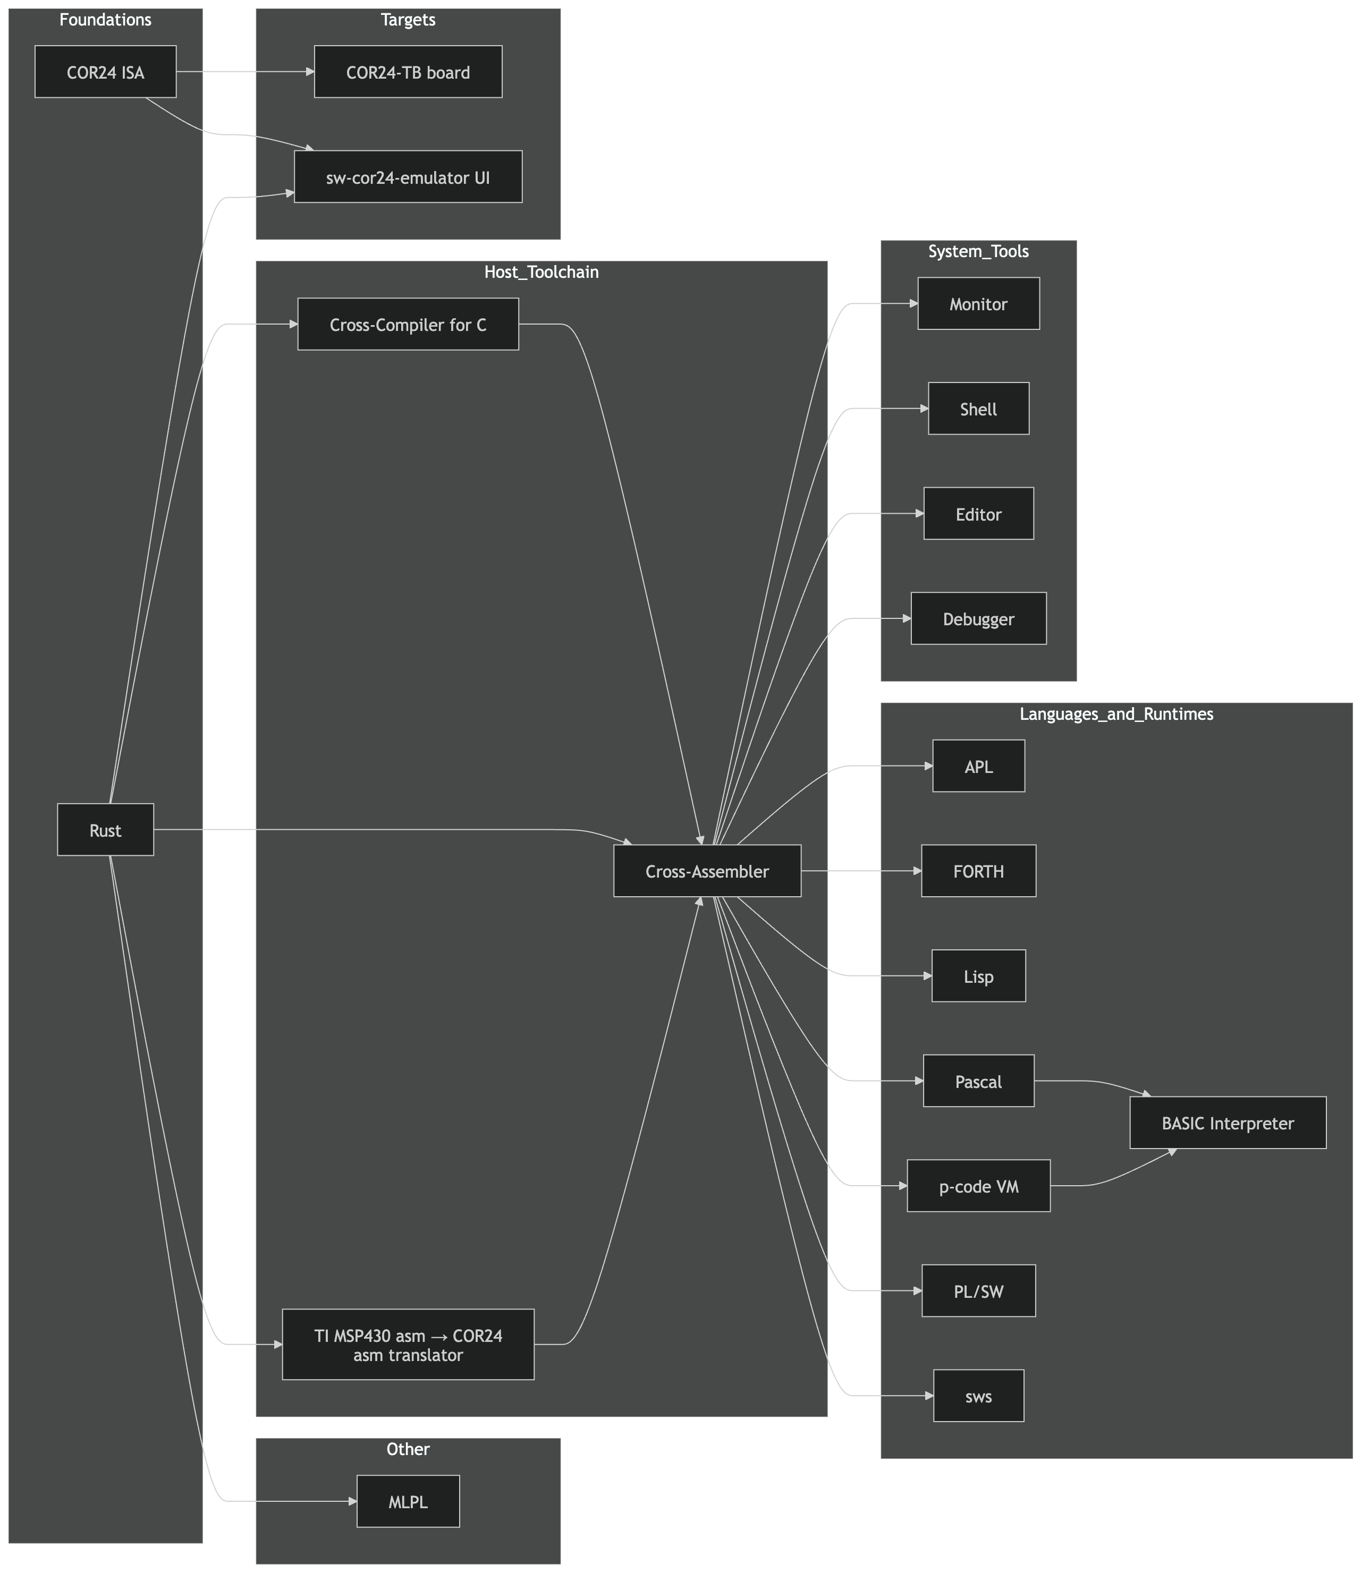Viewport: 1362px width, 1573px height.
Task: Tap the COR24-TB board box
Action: point(408,72)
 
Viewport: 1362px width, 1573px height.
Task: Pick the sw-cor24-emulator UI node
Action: point(408,177)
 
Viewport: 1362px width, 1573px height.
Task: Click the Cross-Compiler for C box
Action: point(408,325)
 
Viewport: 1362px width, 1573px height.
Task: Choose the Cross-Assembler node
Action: point(707,871)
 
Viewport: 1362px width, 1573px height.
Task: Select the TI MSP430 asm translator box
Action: point(408,1344)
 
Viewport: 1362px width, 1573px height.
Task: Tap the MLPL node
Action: point(408,1502)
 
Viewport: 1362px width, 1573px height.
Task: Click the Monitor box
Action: point(978,304)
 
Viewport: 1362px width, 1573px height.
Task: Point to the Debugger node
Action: point(978,618)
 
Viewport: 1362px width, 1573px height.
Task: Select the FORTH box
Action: point(978,871)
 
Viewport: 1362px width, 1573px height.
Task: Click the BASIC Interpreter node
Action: point(1228,1123)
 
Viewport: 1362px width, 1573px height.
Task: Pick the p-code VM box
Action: point(978,1186)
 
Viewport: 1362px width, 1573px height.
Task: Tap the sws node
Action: point(978,1396)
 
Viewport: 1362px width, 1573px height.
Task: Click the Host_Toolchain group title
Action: point(541,272)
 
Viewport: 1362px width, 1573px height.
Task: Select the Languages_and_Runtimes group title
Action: point(1116,713)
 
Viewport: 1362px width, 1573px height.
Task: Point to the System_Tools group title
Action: point(978,251)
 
